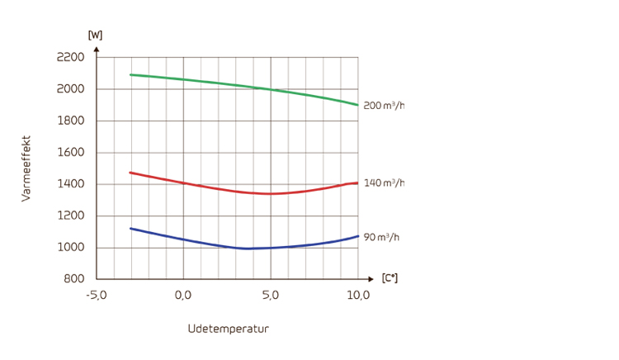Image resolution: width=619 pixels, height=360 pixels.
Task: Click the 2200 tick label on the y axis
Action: point(70,57)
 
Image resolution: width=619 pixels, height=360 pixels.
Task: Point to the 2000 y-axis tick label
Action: point(70,89)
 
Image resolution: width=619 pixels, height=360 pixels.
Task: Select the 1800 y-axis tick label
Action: point(70,121)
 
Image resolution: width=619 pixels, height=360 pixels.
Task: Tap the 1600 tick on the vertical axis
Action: point(70,153)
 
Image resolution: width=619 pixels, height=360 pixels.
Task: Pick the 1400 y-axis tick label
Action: point(70,184)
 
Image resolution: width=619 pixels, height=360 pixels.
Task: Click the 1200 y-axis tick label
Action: point(70,216)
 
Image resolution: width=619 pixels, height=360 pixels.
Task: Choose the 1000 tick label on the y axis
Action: point(70,248)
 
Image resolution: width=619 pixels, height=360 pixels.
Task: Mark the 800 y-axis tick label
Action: point(73,279)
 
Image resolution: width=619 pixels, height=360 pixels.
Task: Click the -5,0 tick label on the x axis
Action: point(97,296)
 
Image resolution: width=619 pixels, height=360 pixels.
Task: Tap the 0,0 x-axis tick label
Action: point(183,296)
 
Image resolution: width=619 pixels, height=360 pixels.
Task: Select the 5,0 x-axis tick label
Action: point(271,296)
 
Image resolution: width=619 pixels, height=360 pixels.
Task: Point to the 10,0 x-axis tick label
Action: point(358,296)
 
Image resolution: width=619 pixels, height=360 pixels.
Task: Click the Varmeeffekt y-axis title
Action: point(26,168)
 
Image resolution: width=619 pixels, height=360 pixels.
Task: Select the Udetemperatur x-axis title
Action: point(228,329)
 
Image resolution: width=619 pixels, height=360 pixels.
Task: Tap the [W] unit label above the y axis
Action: point(95,35)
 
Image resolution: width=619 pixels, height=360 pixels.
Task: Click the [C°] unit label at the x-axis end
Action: point(390,278)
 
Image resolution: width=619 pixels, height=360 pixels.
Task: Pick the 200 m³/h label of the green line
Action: point(384,106)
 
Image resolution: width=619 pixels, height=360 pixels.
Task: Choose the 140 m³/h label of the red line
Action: point(384,182)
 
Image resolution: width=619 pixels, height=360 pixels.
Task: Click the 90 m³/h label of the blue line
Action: point(381,237)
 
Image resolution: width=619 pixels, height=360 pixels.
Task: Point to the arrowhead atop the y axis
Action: point(97,49)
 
